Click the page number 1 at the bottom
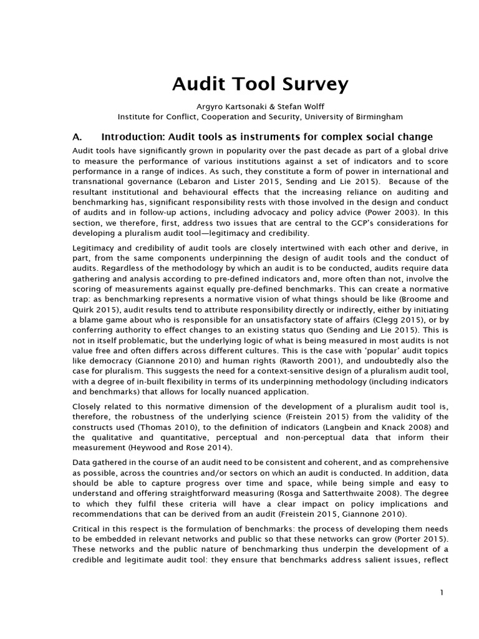click(442, 593)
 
